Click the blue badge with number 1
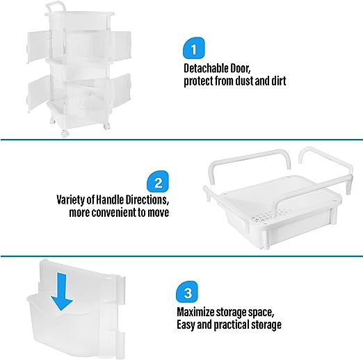tap(194, 48)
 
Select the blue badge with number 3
tap(187, 292)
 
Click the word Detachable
tap(203, 69)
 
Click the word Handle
tap(109, 199)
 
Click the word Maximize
tap(195, 312)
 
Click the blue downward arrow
tap(62, 292)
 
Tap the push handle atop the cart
tap(56, 7)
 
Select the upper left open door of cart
tap(39, 47)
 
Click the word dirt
tap(279, 81)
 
